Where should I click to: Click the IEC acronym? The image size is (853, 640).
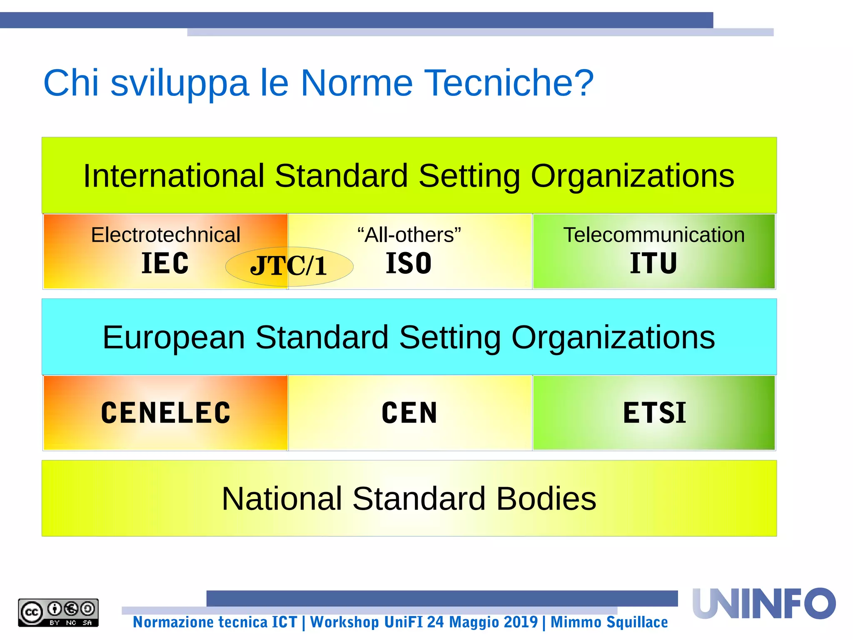(x=165, y=263)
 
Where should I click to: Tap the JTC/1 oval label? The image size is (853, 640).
(x=289, y=266)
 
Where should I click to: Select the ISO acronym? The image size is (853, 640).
(x=409, y=263)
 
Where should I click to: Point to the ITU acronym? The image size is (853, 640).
(x=653, y=263)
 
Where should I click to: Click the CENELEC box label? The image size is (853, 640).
(x=165, y=413)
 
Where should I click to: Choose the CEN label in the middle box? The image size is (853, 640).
(x=409, y=413)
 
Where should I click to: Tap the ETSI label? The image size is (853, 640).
(x=654, y=413)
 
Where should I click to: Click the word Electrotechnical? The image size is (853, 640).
(x=165, y=235)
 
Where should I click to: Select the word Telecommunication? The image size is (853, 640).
(x=654, y=235)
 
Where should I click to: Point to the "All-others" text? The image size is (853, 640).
(x=409, y=235)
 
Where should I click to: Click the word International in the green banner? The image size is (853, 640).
(x=174, y=176)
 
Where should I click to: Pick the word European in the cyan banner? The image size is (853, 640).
(x=174, y=337)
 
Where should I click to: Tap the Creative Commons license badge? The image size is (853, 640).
(x=58, y=612)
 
